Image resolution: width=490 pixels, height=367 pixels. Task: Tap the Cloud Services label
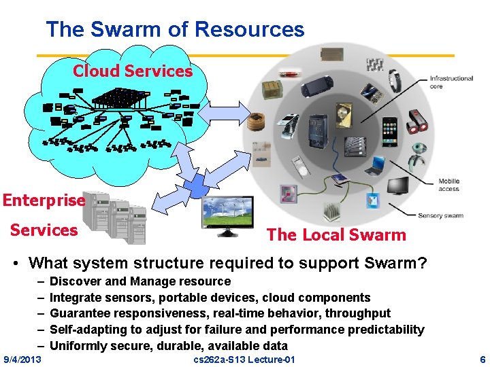click(133, 71)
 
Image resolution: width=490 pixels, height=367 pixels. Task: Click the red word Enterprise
click(44, 200)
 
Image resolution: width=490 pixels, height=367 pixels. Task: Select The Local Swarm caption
click(336, 235)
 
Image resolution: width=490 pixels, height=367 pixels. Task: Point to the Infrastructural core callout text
click(451, 82)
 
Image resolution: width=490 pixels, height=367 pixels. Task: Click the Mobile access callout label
click(448, 185)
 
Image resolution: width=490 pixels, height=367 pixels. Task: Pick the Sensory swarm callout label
click(440, 215)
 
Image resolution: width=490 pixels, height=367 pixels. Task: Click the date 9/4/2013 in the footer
click(22, 359)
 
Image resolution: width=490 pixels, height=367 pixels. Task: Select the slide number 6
click(483, 359)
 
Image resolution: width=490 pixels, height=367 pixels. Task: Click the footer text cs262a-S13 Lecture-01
click(244, 359)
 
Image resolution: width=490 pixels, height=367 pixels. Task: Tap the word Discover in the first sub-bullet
click(75, 281)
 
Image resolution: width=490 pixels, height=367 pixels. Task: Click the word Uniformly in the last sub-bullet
click(78, 346)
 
